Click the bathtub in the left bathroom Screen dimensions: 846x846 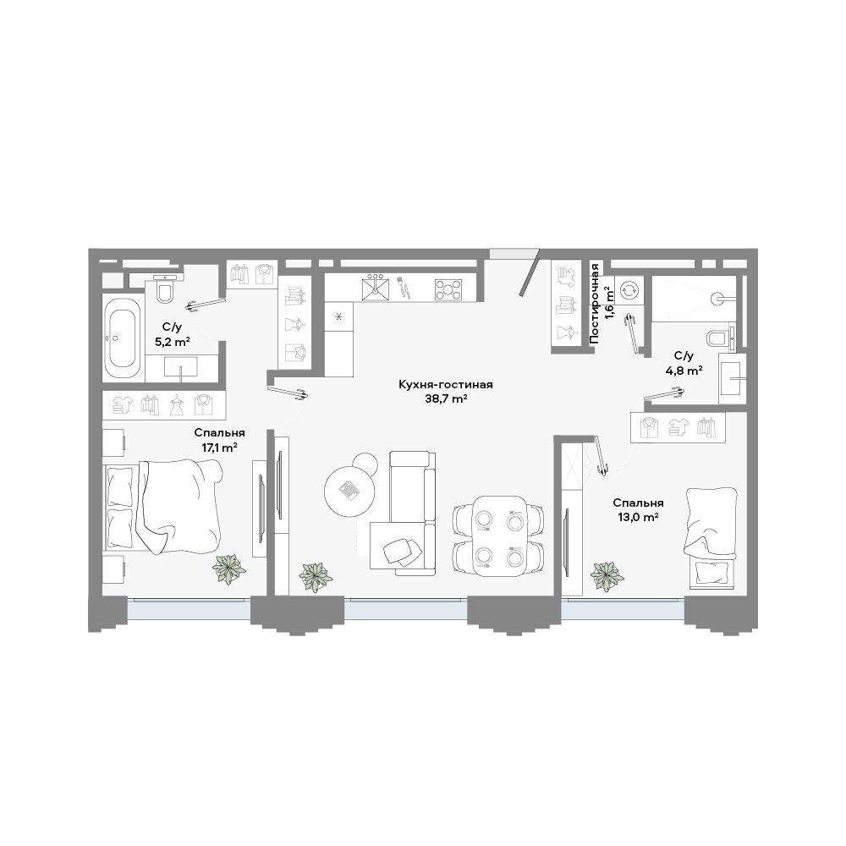point(123,338)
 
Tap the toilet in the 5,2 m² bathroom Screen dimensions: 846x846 point(165,289)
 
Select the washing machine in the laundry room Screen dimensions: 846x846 point(629,291)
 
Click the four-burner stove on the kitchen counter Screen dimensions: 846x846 point(448,288)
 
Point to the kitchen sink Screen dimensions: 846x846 point(377,287)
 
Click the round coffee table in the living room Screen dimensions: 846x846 point(349,491)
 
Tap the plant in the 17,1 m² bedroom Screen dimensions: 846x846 point(229,569)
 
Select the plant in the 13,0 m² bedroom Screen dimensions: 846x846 point(607,577)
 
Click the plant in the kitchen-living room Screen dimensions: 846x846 point(316,577)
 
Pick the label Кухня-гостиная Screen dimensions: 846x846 point(446,385)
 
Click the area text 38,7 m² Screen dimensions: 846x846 point(446,399)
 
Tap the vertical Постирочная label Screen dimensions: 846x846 point(595,304)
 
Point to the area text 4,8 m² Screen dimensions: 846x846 point(684,371)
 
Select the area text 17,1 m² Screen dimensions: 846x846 point(220,448)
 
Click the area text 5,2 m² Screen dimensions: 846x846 point(172,342)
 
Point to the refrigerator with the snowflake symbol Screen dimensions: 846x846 point(339,316)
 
